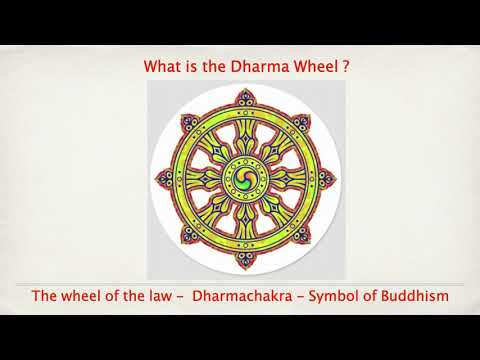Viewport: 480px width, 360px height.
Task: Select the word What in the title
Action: (x=163, y=68)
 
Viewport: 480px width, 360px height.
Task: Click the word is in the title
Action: (x=194, y=68)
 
